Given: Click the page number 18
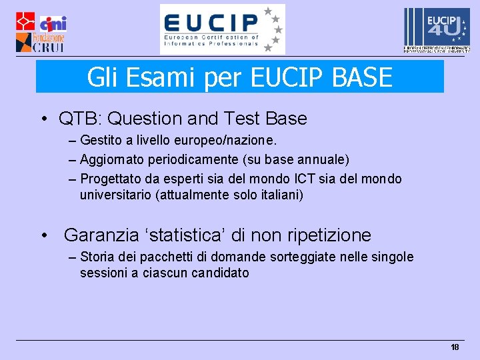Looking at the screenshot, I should coord(455,347).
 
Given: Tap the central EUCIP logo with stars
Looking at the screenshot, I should coord(222,29).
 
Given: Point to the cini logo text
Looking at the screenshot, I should coord(53,24).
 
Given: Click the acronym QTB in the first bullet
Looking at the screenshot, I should coord(78,119).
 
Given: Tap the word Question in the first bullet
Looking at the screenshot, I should coord(145,119).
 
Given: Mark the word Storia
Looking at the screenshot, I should coord(97,257).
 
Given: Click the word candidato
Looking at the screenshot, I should coord(220,273).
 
